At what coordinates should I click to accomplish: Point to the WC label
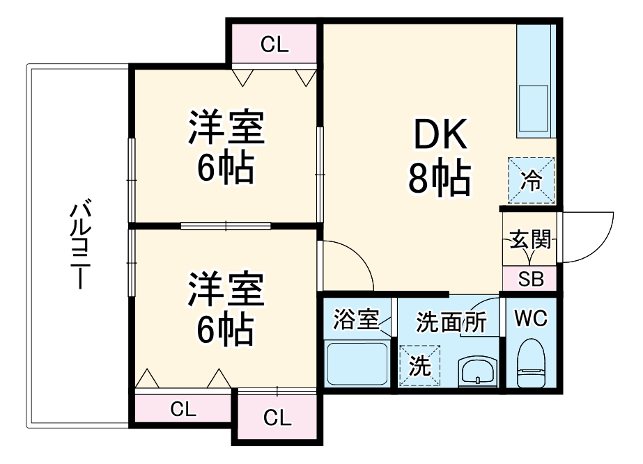click(x=531, y=319)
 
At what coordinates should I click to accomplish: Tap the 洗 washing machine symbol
click(x=420, y=365)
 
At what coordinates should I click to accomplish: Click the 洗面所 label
click(x=451, y=322)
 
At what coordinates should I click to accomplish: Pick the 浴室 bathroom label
click(x=355, y=321)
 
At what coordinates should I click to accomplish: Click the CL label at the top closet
click(x=274, y=45)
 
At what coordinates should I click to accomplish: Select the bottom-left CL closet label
click(x=184, y=408)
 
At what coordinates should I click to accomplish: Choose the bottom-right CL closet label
click(x=277, y=418)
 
